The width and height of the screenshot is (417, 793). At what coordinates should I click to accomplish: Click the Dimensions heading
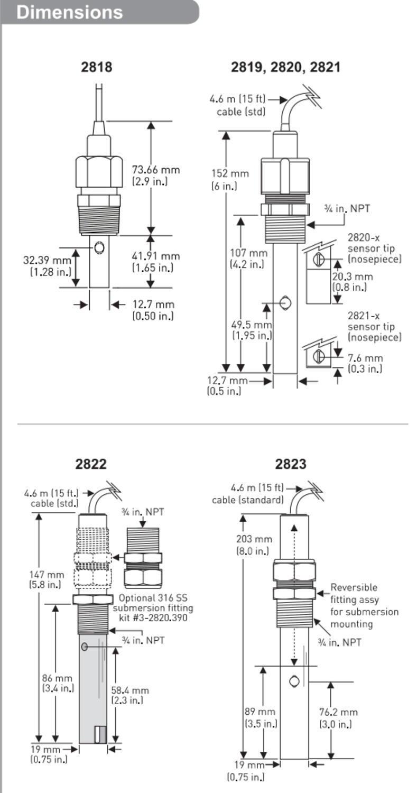pyautogui.click(x=69, y=12)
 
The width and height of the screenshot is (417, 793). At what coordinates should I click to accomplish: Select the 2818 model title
pyautogui.click(x=96, y=67)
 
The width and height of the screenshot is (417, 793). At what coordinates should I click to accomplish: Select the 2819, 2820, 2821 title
pyautogui.click(x=285, y=67)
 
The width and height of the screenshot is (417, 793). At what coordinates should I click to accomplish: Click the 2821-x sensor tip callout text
pyautogui.click(x=374, y=326)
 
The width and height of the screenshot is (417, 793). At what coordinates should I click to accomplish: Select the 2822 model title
pyautogui.click(x=90, y=464)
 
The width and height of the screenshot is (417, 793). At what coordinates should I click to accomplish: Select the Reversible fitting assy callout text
pyautogui.click(x=364, y=605)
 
